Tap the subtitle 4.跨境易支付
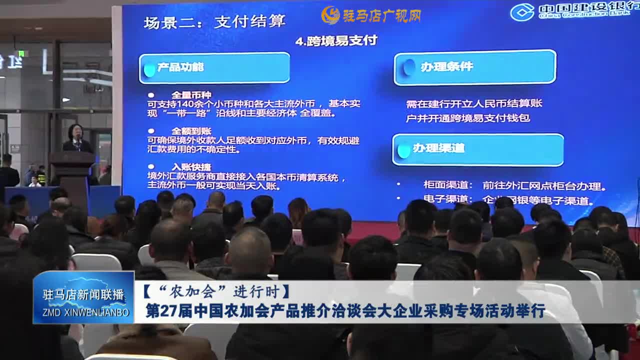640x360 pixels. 336,41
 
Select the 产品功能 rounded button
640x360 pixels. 214,67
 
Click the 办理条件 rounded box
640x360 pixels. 474,67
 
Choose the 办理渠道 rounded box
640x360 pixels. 477,149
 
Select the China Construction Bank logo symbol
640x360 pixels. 522,12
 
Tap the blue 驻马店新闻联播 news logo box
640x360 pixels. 83,297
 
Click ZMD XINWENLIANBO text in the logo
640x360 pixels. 83,313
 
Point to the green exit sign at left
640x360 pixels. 21,53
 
